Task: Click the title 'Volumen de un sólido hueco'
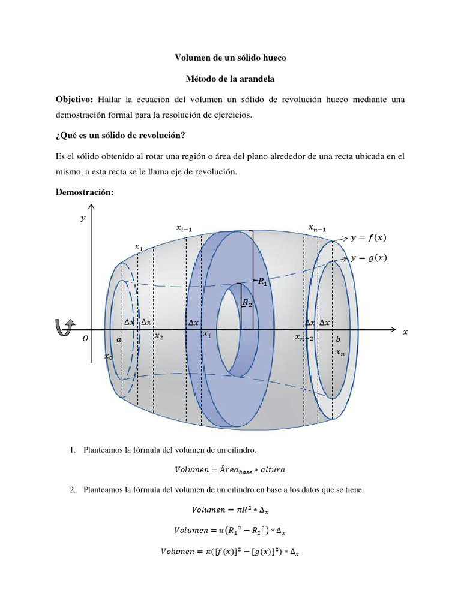coord(230,58)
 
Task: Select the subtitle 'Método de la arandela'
coord(230,78)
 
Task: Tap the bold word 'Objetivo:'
coord(74,98)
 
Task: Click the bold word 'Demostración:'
coord(84,192)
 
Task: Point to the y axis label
coord(83,219)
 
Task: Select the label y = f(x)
coord(369,237)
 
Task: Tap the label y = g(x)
coord(369,258)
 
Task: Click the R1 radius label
coord(263,281)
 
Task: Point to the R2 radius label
coord(247,304)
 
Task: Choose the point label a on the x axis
coord(119,339)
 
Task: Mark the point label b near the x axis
coord(338,339)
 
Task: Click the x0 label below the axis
coord(108,357)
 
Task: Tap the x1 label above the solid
coord(139,247)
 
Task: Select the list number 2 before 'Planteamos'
coord(72,490)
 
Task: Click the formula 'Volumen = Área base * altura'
coord(230,469)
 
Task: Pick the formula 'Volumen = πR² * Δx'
coord(230,510)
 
